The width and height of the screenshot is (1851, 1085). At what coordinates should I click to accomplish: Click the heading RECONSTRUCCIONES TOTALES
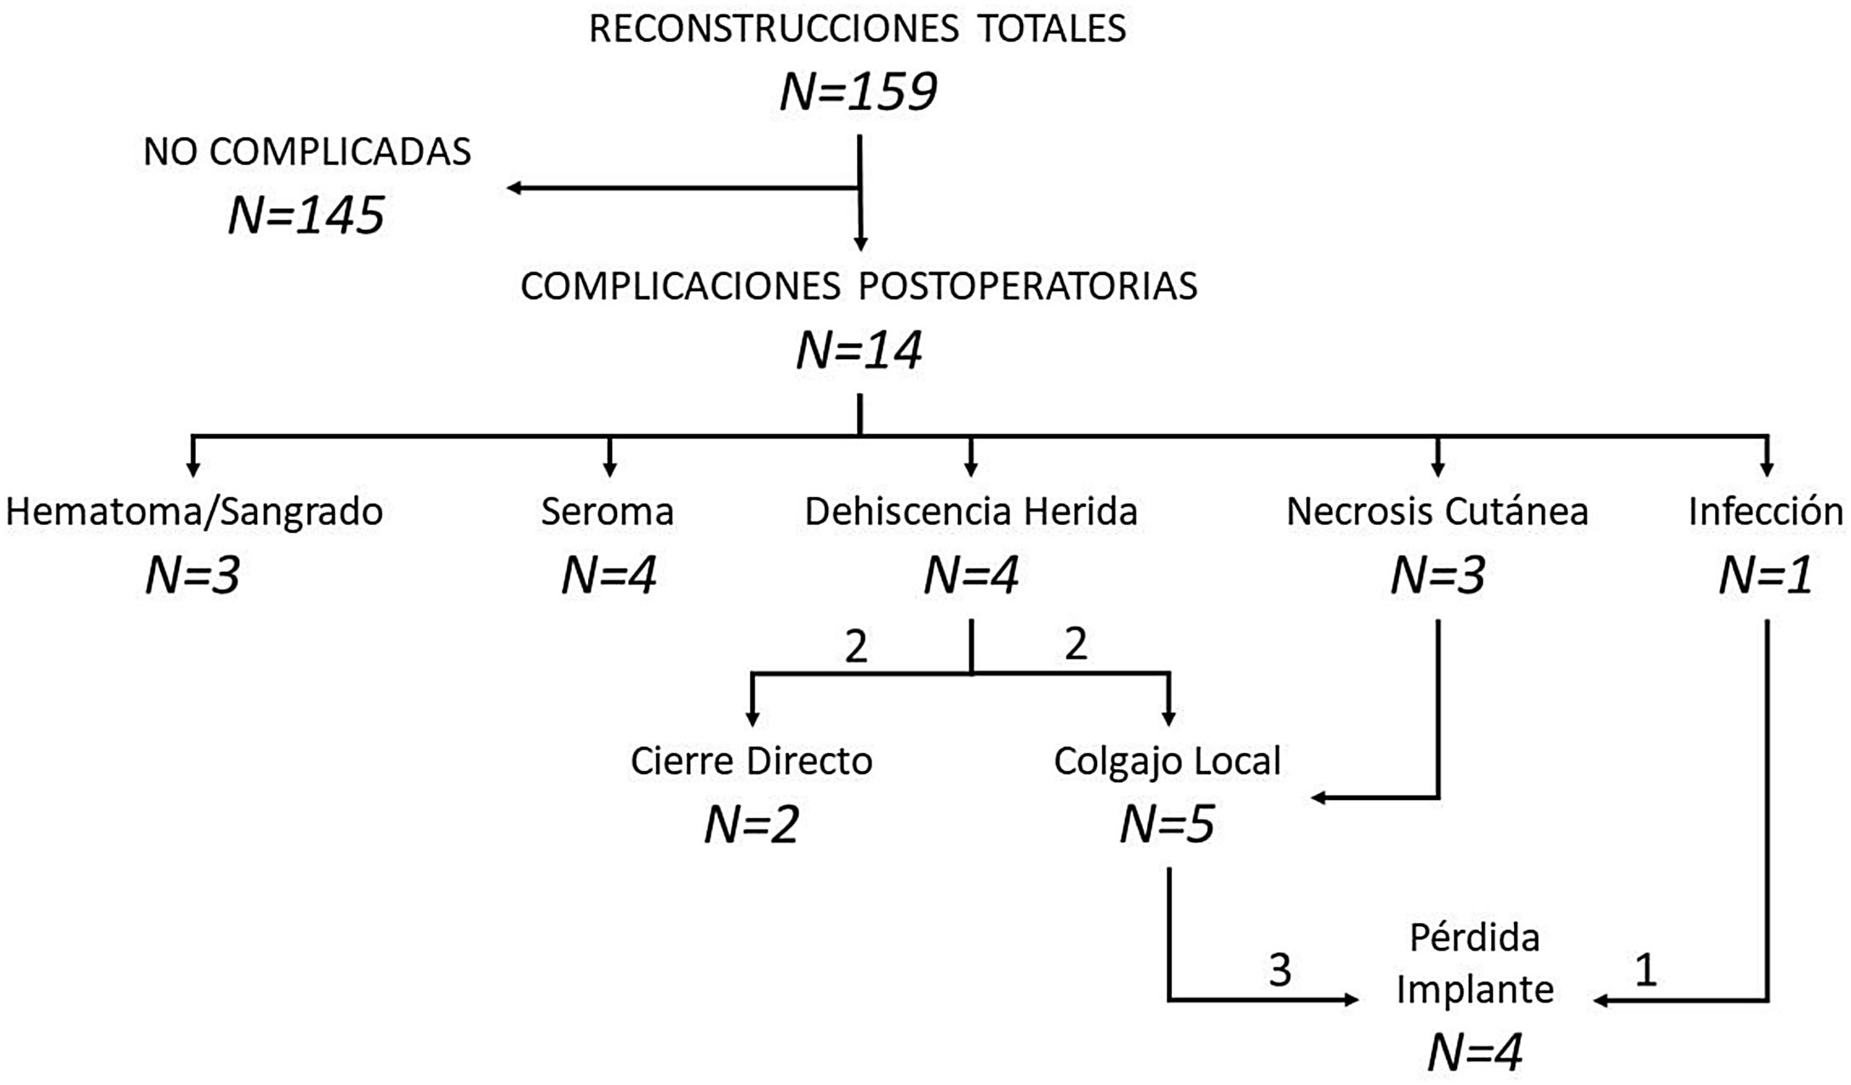pos(857,29)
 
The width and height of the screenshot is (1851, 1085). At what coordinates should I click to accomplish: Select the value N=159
pos(858,92)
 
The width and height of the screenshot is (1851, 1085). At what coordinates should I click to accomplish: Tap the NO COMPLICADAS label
pos(306,152)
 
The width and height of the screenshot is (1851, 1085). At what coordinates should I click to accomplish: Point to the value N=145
pos(306,215)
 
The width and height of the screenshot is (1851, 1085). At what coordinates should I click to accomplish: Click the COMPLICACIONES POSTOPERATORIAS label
pos(859,287)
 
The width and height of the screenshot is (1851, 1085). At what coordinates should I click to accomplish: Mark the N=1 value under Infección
pos(1766,576)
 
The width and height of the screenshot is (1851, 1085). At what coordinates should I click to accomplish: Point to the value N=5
pos(1167,825)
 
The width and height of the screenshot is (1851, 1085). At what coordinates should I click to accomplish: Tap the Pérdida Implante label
pos(1475,964)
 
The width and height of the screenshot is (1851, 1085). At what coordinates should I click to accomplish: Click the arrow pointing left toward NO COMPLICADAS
pos(681,187)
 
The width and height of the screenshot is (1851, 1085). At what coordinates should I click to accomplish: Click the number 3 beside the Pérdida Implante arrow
pos(1280,970)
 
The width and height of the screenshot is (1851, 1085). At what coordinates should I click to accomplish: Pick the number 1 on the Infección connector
pos(1646,970)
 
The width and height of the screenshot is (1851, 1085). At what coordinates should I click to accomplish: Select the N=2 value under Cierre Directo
pos(751,825)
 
